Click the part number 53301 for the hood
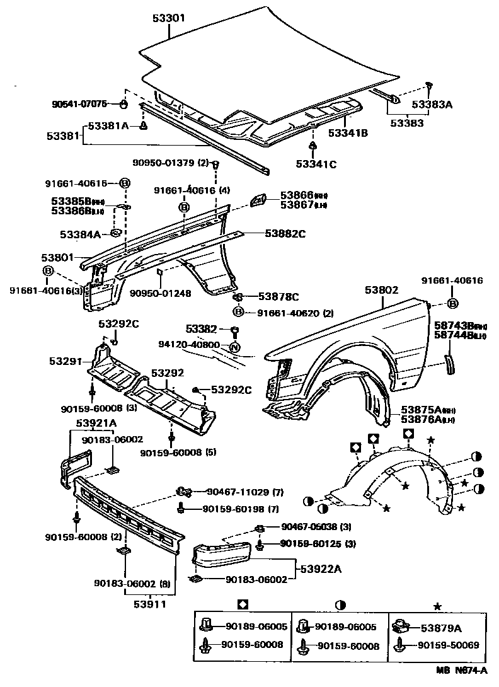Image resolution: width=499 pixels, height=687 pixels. [x=168, y=19]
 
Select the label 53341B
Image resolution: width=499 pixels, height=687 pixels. [x=348, y=133]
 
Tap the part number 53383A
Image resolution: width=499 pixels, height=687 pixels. [x=432, y=105]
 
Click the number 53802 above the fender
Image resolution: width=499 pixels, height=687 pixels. [x=381, y=290]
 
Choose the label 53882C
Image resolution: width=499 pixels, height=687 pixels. [x=285, y=234]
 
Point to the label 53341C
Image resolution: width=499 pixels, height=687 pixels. [x=316, y=165]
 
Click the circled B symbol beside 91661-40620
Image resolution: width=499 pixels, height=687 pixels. [x=238, y=312]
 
